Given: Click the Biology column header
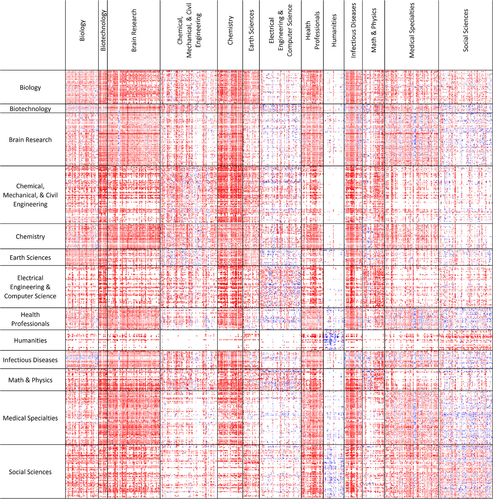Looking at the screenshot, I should (82, 30).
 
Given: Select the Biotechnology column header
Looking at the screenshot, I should (103, 30).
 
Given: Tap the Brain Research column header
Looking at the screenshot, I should (134, 30).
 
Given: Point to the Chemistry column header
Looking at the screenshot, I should (230, 30).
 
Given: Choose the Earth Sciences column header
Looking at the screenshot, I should (251, 30).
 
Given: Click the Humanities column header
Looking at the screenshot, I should (334, 30).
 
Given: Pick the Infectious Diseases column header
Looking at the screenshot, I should (353, 30).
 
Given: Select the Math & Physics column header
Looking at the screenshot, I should (374, 30).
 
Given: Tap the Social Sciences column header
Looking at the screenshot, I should (466, 30).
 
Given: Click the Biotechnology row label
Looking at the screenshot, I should (30, 109).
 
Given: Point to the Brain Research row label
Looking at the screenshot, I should (30, 140).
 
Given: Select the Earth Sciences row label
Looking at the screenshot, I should (30, 258).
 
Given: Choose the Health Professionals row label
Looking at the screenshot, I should (30, 319).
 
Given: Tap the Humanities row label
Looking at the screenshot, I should (30, 341).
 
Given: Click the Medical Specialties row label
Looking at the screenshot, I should (30, 418).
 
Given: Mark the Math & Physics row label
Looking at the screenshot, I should (30, 380).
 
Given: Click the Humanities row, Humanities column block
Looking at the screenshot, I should (334, 340).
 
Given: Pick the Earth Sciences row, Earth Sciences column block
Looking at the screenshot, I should (251, 257).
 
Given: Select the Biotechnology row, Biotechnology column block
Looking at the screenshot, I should (103, 108).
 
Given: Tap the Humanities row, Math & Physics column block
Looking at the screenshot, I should (373, 340).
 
